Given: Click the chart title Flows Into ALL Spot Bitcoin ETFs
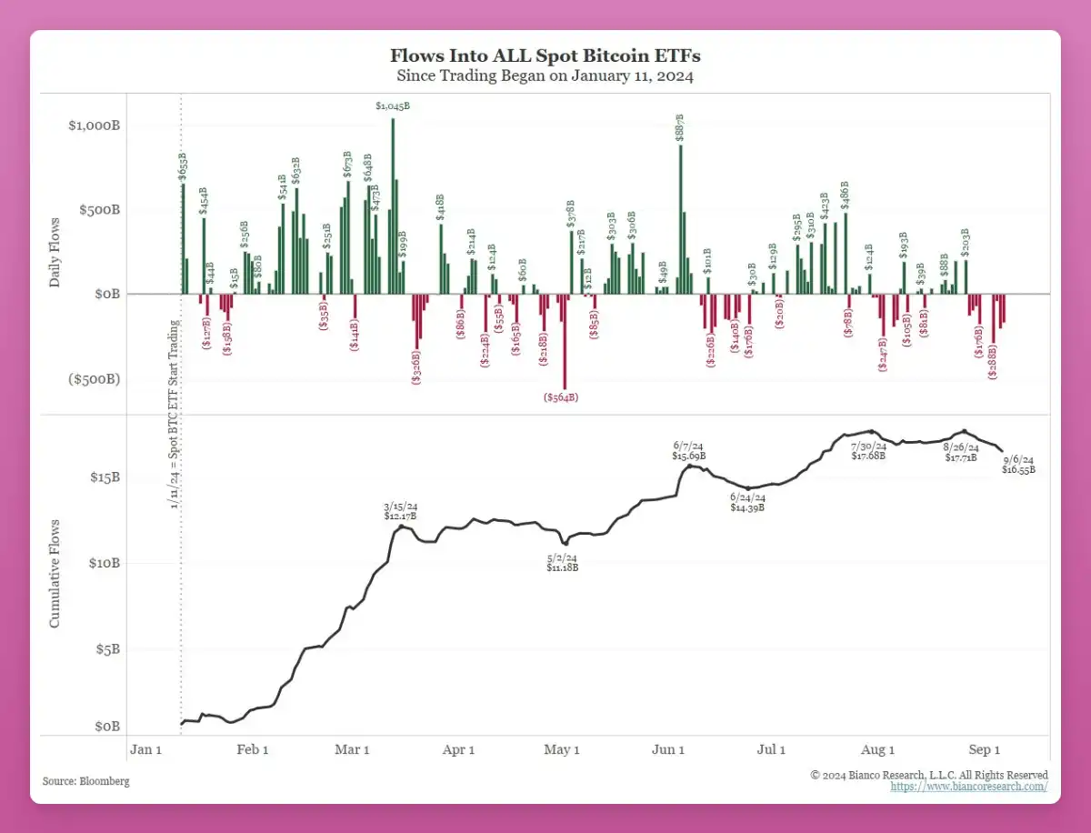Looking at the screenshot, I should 545,56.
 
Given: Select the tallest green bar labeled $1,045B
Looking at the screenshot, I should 393,206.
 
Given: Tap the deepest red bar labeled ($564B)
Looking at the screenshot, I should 565,341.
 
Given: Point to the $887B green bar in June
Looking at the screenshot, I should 680,219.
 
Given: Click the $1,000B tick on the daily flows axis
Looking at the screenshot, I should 95,125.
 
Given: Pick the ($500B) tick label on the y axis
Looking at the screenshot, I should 95,379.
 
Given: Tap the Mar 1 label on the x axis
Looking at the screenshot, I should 352,749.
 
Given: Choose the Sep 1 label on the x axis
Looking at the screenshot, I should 984,749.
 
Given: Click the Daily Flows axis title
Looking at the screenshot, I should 55,253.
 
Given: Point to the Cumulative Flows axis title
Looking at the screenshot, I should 55,574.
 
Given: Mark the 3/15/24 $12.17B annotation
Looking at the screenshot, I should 400,511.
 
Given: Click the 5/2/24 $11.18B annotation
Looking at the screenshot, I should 562,562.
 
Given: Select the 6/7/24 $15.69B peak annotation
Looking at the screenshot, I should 689,450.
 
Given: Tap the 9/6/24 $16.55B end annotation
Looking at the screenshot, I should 1018,464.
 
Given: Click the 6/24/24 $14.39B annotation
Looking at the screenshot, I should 748,502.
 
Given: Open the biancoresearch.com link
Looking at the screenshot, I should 968,787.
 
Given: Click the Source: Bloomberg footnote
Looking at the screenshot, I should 85,781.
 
